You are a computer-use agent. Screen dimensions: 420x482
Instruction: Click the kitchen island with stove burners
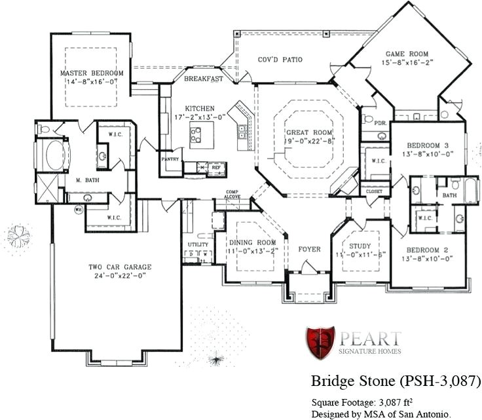pyautogui.click(x=196, y=134)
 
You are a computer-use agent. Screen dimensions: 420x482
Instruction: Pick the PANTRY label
pyautogui.click(x=170, y=159)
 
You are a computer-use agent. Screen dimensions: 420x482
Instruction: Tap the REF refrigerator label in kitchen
pyautogui.click(x=215, y=168)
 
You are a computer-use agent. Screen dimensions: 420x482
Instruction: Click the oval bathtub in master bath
pyautogui.click(x=54, y=155)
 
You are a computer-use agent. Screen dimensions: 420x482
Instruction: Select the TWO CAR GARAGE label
pyautogui.click(x=120, y=267)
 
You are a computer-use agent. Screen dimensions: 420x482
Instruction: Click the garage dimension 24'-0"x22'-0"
pyautogui.click(x=120, y=276)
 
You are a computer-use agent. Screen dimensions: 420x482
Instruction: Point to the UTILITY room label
pyautogui.click(x=198, y=244)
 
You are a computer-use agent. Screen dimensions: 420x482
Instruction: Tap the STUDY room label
pyautogui.click(x=360, y=245)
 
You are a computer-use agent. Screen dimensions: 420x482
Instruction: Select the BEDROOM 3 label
pyautogui.click(x=428, y=145)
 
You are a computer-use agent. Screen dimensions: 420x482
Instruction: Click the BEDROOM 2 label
pyautogui.click(x=427, y=250)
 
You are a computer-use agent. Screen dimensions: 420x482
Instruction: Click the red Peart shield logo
pyautogui.click(x=320, y=343)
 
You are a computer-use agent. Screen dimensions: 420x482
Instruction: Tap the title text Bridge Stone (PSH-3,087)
pyautogui.click(x=396, y=381)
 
